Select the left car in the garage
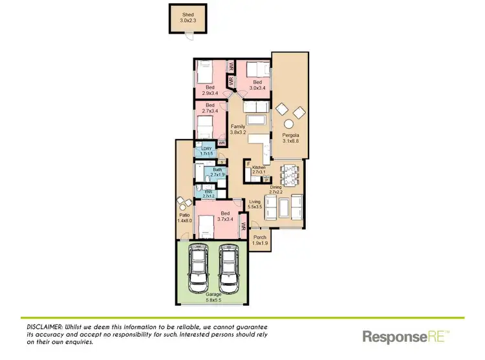199,270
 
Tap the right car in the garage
228,270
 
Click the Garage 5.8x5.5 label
213,297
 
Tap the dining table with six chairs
290,175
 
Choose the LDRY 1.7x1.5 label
207,151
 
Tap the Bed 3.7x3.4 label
224,217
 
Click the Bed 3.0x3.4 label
257,85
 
